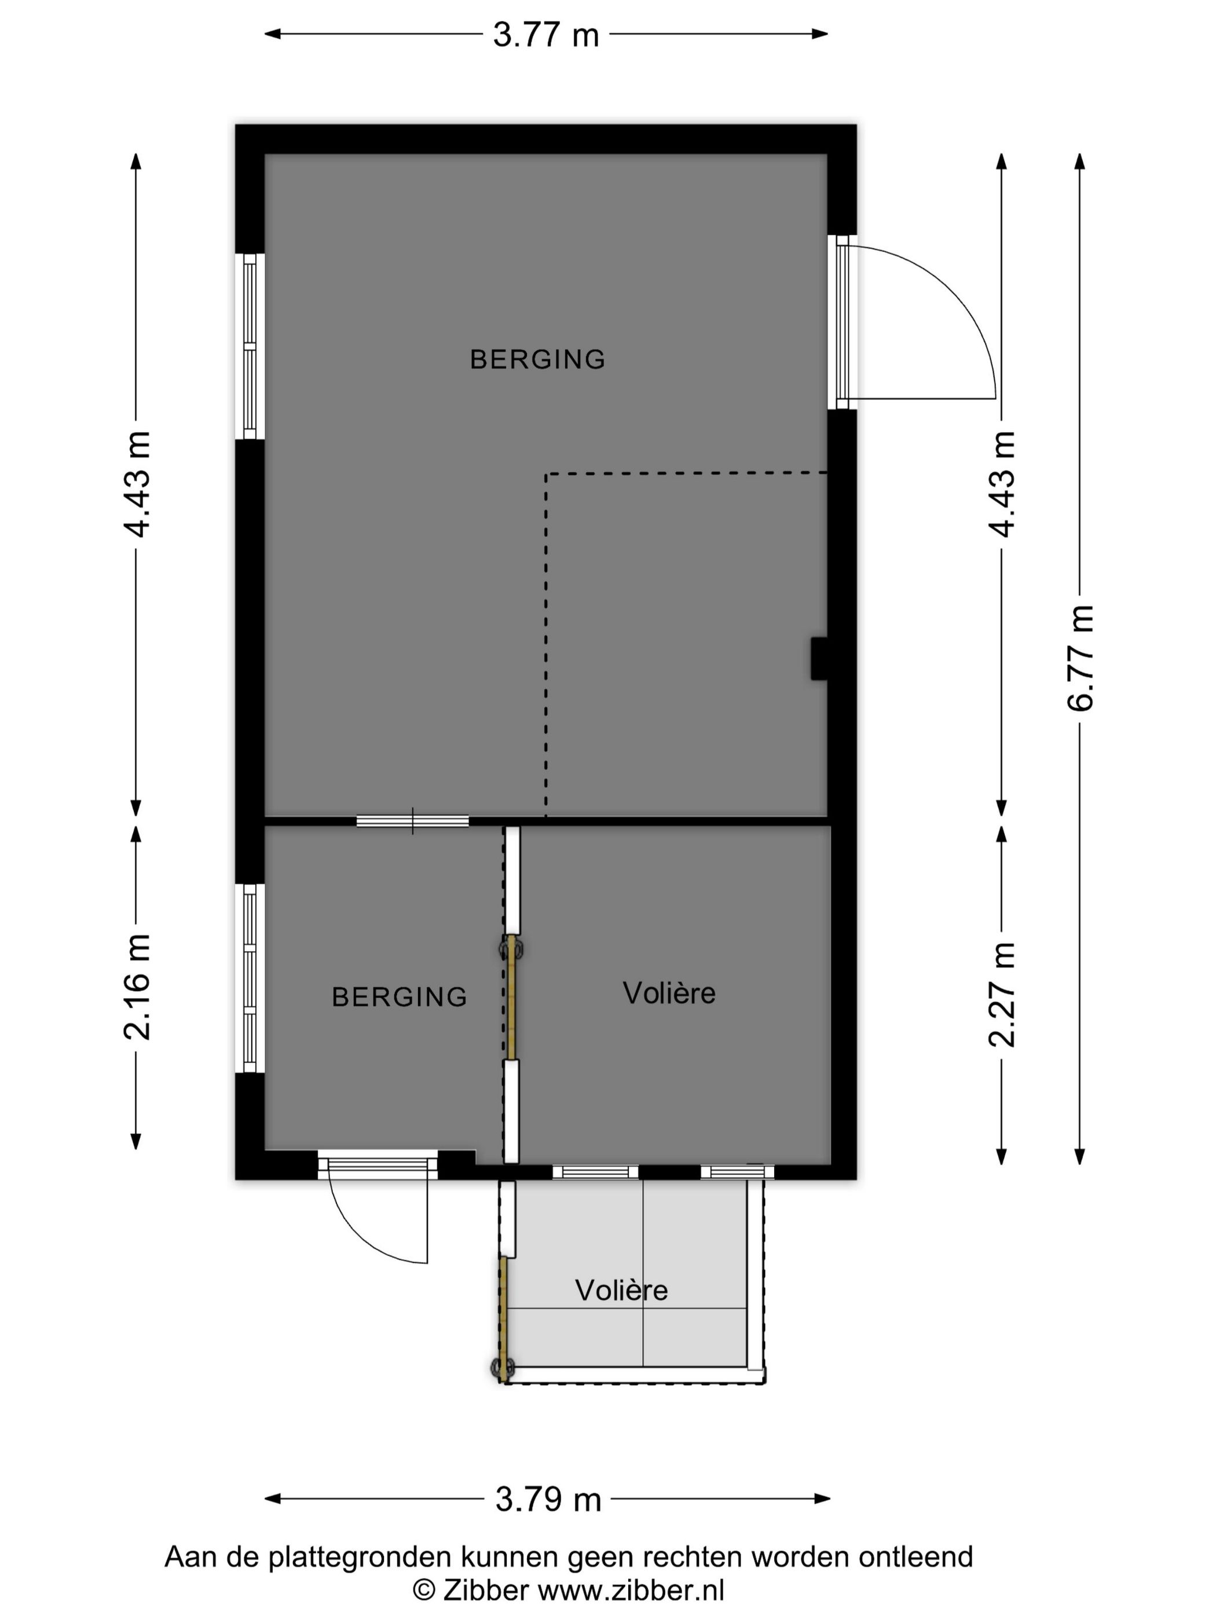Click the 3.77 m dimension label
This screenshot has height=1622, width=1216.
tap(545, 34)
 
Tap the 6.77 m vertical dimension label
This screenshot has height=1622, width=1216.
tap(1081, 657)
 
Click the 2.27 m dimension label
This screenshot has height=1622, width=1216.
tap(1003, 994)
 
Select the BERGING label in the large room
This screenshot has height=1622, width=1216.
tap(537, 359)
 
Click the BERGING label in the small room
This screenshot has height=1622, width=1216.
tap(400, 996)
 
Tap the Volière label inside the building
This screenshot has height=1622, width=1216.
tap(668, 993)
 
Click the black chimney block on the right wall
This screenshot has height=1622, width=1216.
tap(819, 659)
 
